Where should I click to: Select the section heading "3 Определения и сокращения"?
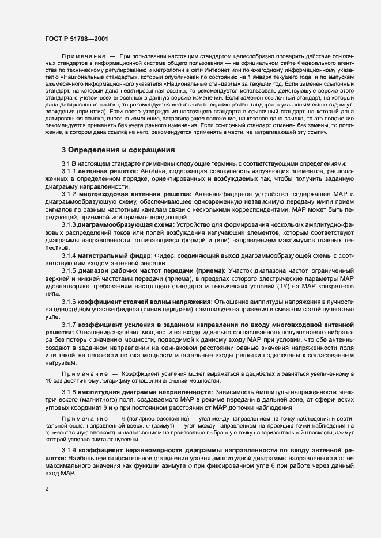pos(118,150)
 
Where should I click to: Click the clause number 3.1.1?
pos(70,171)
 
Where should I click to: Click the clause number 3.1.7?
pos(70,324)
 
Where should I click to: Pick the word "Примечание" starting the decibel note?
pos(81,373)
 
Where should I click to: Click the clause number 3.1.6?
pos(70,301)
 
